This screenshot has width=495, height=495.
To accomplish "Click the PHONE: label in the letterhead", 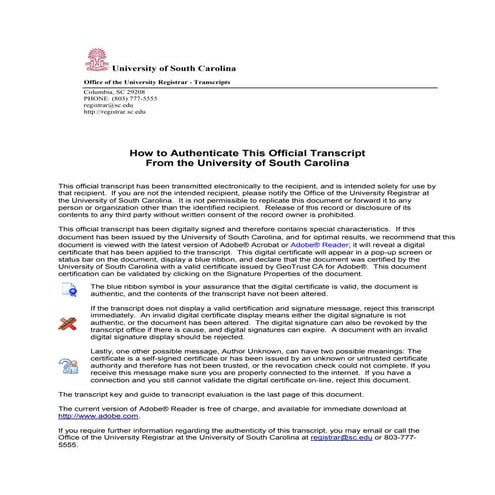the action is click(97, 98).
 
